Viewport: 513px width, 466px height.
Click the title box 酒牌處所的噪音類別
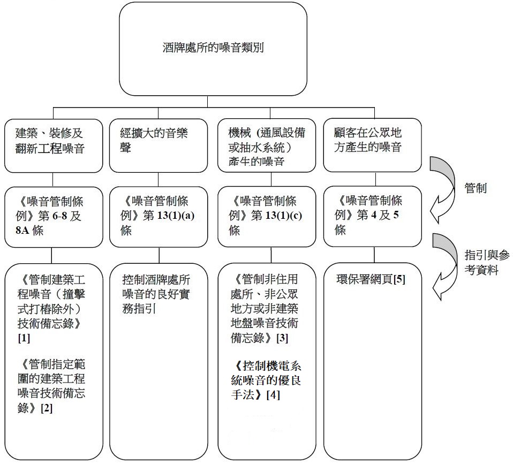point(213,49)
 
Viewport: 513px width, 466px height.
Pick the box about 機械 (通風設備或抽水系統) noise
point(267,146)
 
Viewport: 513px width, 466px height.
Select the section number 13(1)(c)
point(287,216)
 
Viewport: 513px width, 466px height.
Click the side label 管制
point(476,188)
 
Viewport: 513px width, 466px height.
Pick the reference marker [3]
point(282,338)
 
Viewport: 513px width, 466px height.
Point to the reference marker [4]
point(274,395)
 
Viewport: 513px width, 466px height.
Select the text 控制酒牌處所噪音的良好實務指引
point(156,294)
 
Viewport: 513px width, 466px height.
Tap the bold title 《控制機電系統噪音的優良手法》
point(266,381)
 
